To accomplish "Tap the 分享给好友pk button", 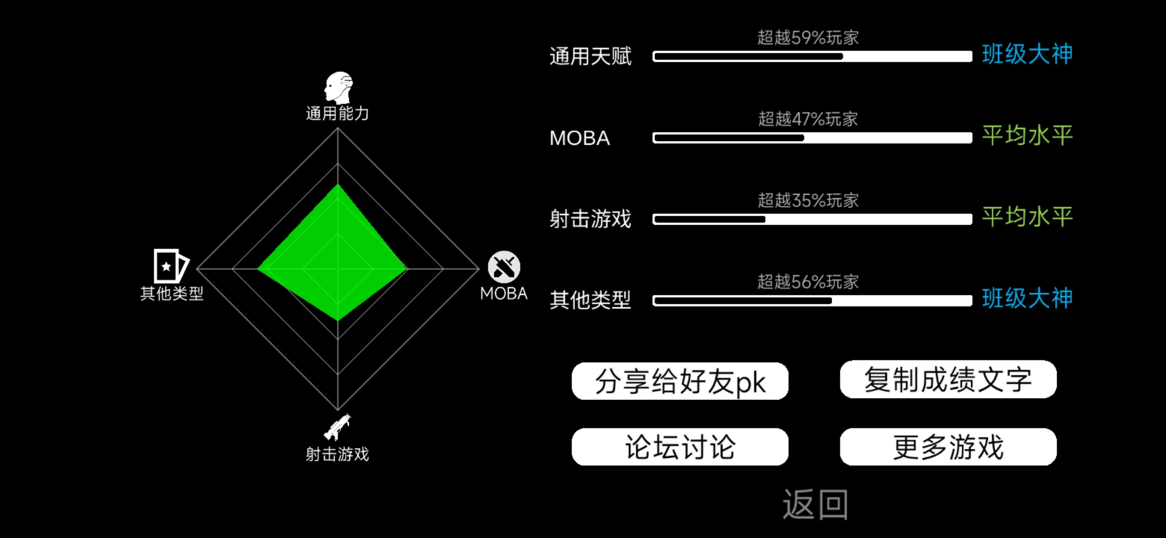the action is tap(680, 381).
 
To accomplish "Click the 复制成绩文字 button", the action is tap(948, 380).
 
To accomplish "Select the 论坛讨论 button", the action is tap(680, 447).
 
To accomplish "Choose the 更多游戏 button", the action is tap(948, 447).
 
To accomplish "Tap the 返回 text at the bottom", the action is tap(815, 504).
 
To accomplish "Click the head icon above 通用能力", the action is tap(338, 87).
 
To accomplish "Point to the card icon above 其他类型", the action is tap(171, 266).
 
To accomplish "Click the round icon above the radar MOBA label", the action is tap(504, 267).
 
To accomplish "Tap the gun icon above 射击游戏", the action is tap(337, 427).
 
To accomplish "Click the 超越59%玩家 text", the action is tap(808, 37).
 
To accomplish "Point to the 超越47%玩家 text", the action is tap(808, 119).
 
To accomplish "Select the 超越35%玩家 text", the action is tap(808, 200).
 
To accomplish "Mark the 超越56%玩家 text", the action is tap(808, 282).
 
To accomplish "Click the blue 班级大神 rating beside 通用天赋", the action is tap(1027, 54).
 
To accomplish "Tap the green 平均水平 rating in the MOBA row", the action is tap(1027, 135).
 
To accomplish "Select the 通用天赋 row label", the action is tap(590, 56).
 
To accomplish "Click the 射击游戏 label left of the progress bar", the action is tap(590, 219).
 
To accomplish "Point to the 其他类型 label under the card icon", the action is tap(172, 293).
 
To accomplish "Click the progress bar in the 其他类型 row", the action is tap(812, 301).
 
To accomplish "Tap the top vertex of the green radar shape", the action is tap(338, 184).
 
